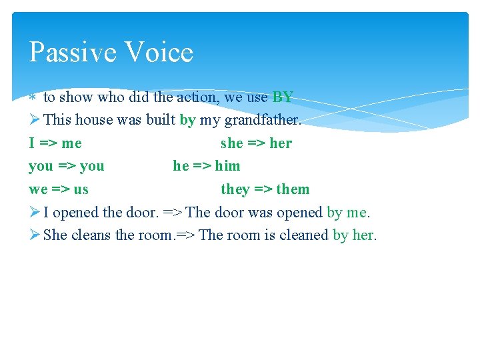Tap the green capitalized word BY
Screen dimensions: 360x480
coord(283,97)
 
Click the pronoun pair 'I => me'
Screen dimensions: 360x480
coord(55,143)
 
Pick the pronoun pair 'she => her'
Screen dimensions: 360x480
coord(256,143)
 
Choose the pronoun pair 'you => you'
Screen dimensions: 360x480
coord(67,166)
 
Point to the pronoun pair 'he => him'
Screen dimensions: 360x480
coord(207,166)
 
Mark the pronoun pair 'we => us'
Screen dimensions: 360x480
coord(59,189)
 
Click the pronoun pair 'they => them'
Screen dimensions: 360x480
coord(265,189)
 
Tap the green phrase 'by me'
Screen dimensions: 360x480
coord(347,212)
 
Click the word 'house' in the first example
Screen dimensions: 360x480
coord(94,121)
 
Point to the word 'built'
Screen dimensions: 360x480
coord(161,121)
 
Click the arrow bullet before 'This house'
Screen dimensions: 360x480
coord(35,121)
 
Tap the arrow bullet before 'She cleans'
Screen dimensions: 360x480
coord(35,235)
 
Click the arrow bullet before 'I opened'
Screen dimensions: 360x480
coord(35,212)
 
